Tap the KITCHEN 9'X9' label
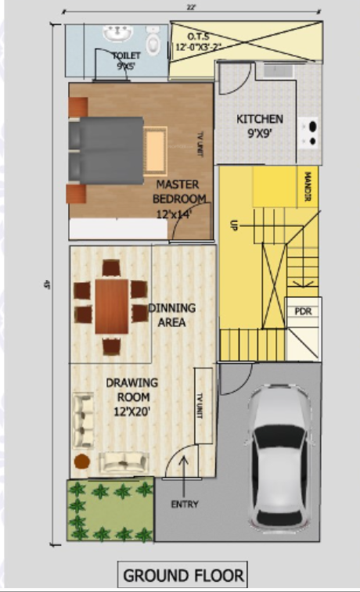260,126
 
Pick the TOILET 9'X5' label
126,61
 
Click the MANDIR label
308,188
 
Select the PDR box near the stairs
303,310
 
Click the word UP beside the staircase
232,224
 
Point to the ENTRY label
184,504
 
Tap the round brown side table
82,462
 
